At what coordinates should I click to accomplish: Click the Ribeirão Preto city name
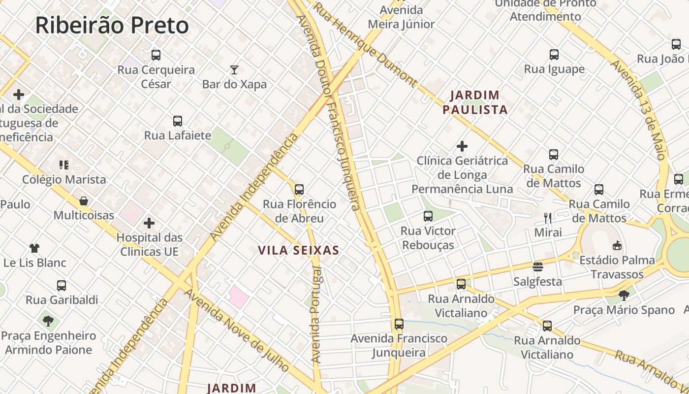[x=112, y=25]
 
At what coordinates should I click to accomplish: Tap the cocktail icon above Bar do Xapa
[x=234, y=70]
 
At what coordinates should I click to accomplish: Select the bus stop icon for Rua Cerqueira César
[x=156, y=55]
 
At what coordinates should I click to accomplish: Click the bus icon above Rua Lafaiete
[x=178, y=121]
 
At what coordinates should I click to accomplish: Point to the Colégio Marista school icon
[x=64, y=165]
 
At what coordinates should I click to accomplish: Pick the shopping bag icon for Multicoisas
[x=84, y=201]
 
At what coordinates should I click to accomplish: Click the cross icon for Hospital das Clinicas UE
[x=149, y=224]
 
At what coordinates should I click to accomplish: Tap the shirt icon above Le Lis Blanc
[x=34, y=248]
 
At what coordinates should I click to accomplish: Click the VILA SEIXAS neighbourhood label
[x=299, y=250]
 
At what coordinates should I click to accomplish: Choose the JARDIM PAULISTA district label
[x=475, y=102]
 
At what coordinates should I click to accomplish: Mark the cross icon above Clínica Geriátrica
[x=462, y=146]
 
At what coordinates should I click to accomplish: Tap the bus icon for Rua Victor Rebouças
[x=428, y=216]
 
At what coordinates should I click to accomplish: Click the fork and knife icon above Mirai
[x=548, y=218]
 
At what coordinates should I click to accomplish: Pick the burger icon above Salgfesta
[x=537, y=267]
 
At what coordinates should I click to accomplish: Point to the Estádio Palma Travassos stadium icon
[x=617, y=245]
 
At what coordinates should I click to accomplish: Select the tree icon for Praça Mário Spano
[x=624, y=295]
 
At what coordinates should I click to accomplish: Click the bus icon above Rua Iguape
[x=554, y=55]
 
